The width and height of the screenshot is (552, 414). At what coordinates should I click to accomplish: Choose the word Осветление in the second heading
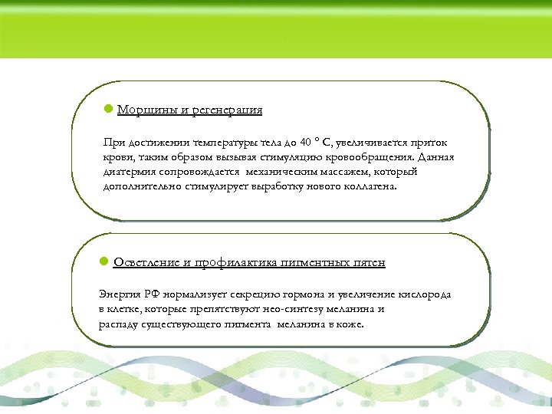pyautogui.click(x=146, y=263)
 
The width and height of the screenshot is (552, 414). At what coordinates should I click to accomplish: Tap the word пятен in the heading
pyautogui.click(x=368, y=263)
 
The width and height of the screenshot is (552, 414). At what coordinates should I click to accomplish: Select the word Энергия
pyautogui.click(x=118, y=294)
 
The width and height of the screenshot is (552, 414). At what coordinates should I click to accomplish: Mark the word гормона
pyautogui.click(x=301, y=294)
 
